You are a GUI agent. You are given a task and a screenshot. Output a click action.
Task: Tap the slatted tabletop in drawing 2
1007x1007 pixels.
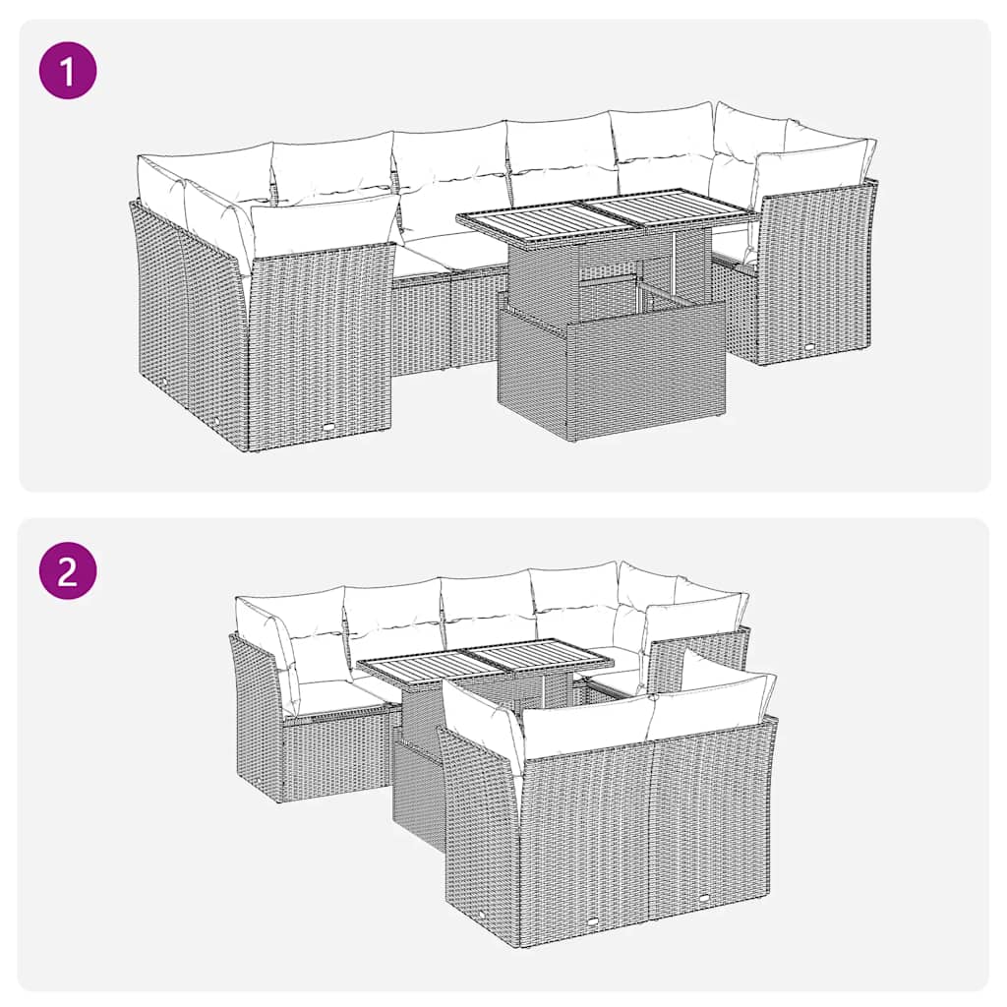[482, 663]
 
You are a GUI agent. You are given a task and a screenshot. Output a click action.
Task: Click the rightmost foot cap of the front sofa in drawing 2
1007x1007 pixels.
[708, 899]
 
